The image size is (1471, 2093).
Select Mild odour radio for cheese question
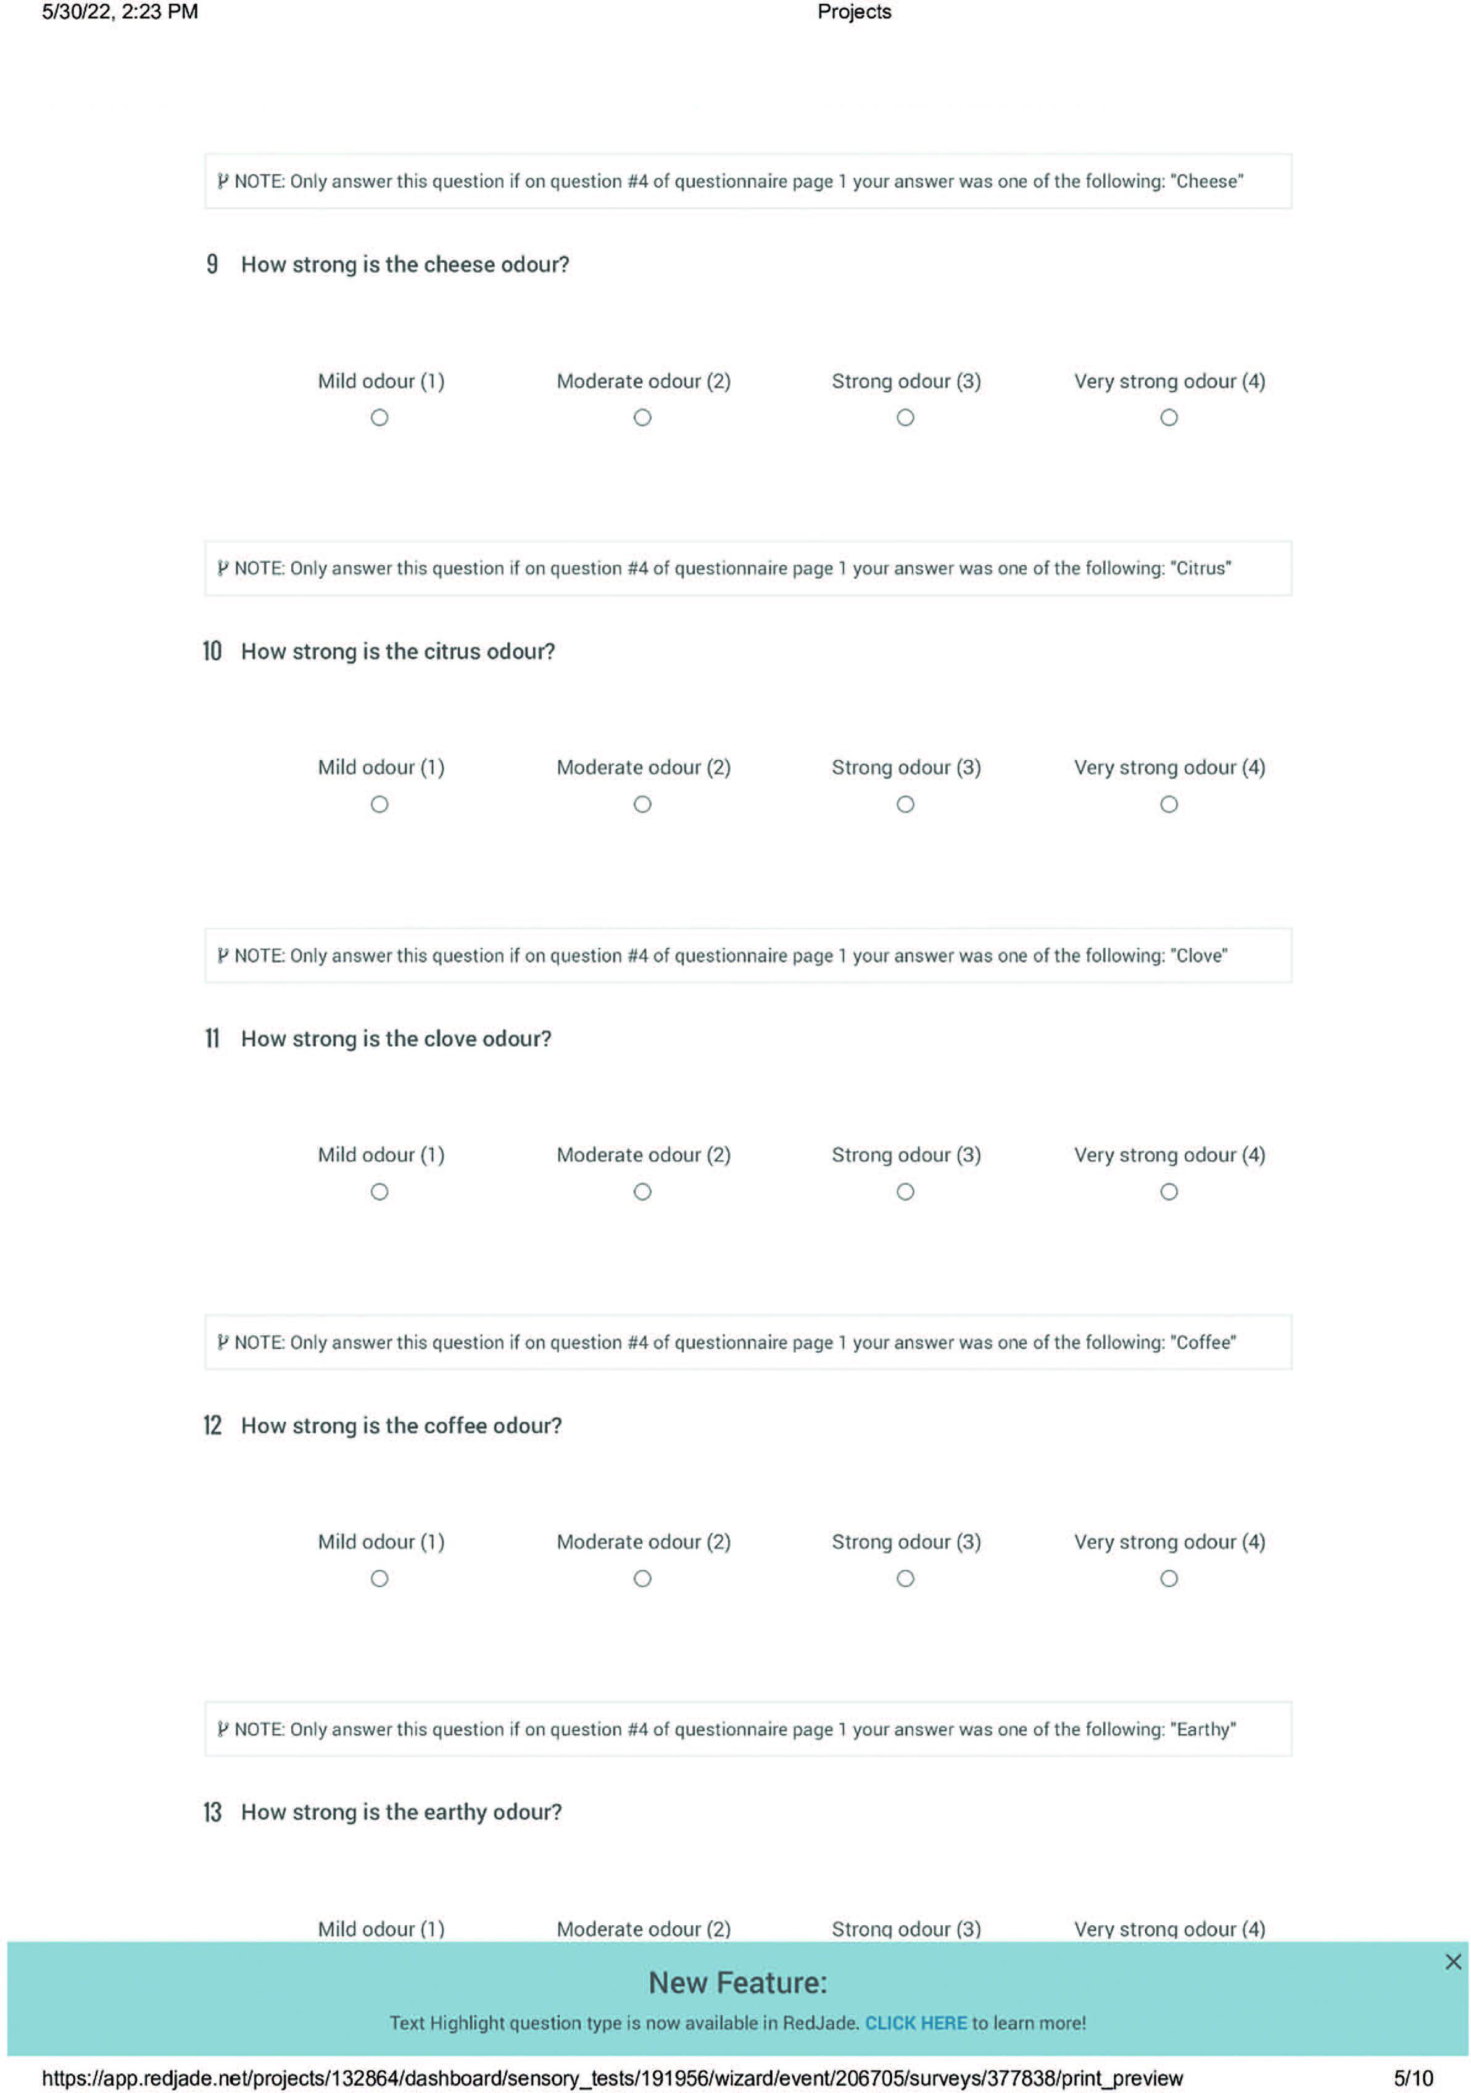379,418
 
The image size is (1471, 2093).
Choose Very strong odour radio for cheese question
1169,418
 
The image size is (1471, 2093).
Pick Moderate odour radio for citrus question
642,804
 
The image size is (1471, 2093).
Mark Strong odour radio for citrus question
905,804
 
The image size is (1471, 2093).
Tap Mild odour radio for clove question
379,1192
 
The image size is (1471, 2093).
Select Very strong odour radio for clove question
1169,1192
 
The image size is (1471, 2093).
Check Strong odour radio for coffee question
905,1578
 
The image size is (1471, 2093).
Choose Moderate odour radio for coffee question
642,1578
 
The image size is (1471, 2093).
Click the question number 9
212,264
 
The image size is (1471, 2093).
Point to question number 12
212,1425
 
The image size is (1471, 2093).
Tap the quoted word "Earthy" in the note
1203,1730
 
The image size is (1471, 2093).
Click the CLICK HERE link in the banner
915,2023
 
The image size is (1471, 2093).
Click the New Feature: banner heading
737,1983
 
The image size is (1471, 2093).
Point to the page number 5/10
1412,2078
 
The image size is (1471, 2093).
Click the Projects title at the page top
854,12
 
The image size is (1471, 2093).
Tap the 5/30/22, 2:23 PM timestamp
119,12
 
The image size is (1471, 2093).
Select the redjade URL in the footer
613,2078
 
